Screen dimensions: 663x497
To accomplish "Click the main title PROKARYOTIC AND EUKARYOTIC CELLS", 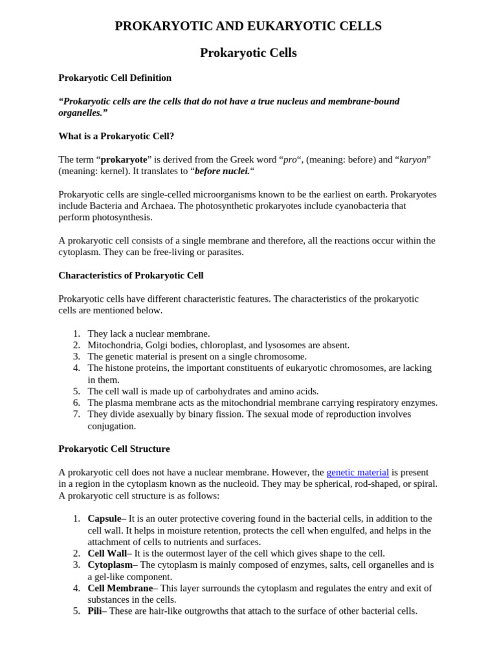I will pyautogui.click(x=248, y=26).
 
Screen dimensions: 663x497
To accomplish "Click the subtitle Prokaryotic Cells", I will pyautogui.click(x=248, y=53).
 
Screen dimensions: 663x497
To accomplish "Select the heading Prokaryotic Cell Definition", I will pyautogui.click(x=115, y=78).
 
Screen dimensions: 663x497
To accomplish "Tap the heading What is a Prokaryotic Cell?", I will pyautogui.click(x=116, y=136).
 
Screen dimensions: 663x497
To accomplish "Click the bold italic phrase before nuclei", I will pyautogui.click(x=222, y=171).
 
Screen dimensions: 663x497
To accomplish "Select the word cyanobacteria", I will pyautogui.click(x=366, y=206).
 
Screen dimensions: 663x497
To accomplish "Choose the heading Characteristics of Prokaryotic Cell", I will pyautogui.click(x=131, y=275).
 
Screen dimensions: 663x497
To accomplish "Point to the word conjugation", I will pyautogui.click(x=111, y=426).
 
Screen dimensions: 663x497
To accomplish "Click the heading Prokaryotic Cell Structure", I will pyautogui.click(x=114, y=449).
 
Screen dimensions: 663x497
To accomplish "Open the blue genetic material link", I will pyautogui.click(x=357, y=473).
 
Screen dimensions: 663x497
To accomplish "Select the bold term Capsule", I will pyautogui.click(x=104, y=519).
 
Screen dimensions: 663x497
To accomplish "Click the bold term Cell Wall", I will pyautogui.click(x=107, y=554).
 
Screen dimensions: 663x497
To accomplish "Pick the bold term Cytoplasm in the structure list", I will pyautogui.click(x=110, y=565).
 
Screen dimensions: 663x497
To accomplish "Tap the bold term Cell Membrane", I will pyautogui.click(x=120, y=588).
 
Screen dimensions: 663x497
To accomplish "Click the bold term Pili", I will pyautogui.click(x=94, y=611).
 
